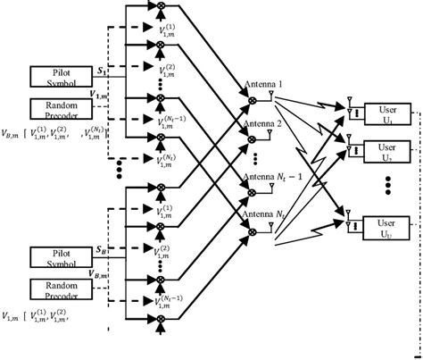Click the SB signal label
[x=99, y=251]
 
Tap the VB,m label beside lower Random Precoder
[x=104, y=277]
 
